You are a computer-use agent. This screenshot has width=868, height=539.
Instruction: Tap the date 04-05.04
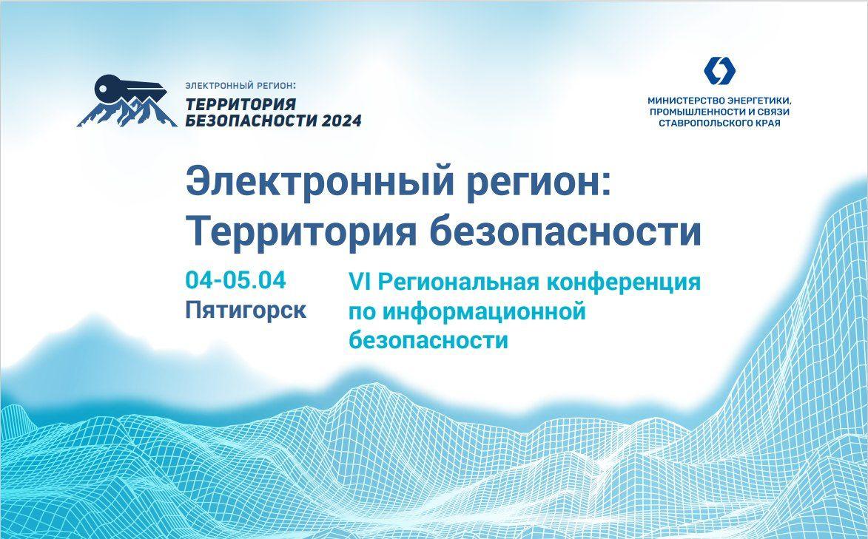pos(235,280)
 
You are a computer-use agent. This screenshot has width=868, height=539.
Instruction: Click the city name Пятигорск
pos(245,309)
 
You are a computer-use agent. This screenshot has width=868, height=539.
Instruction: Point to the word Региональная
pos(458,282)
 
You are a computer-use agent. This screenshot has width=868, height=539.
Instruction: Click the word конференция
pos(623,282)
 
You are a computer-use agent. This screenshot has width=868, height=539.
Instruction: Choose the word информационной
pos(483,311)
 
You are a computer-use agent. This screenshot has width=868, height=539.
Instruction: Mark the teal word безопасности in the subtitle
pos(428,340)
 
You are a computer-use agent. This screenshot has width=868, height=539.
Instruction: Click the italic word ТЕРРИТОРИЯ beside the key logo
pos(240,104)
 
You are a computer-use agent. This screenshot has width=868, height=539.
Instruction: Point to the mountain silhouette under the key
pos(127,112)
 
